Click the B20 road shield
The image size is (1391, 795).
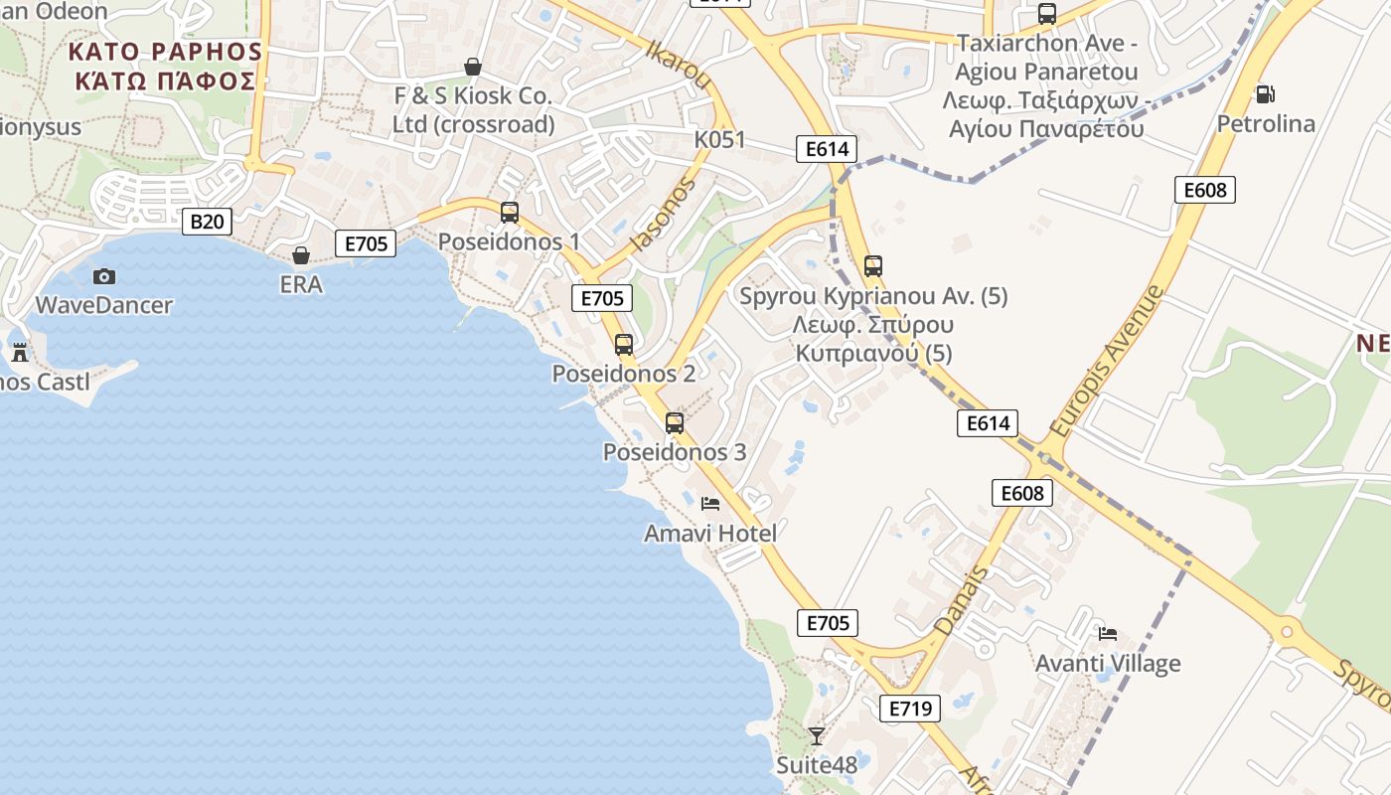(207, 221)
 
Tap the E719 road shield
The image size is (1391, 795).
(910, 709)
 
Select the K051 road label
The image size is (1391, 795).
(719, 139)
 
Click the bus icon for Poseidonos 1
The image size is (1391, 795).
(510, 212)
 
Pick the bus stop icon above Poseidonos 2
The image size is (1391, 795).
(624, 345)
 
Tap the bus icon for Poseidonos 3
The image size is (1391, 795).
(675, 423)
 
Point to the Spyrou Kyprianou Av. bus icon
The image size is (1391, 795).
(873, 266)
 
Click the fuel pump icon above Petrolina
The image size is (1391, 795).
(1265, 94)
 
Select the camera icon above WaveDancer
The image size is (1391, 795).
(103, 276)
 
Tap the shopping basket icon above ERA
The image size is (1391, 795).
(300, 255)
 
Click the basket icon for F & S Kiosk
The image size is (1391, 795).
(473, 67)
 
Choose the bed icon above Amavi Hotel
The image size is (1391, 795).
(709, 504)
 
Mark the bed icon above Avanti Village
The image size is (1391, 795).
(1108, 633)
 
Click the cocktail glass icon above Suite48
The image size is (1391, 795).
(816, 735)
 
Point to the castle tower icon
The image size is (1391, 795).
(19, 352)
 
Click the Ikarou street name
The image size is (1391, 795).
(679, 65)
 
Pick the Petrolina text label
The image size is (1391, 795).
(1267, 124)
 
